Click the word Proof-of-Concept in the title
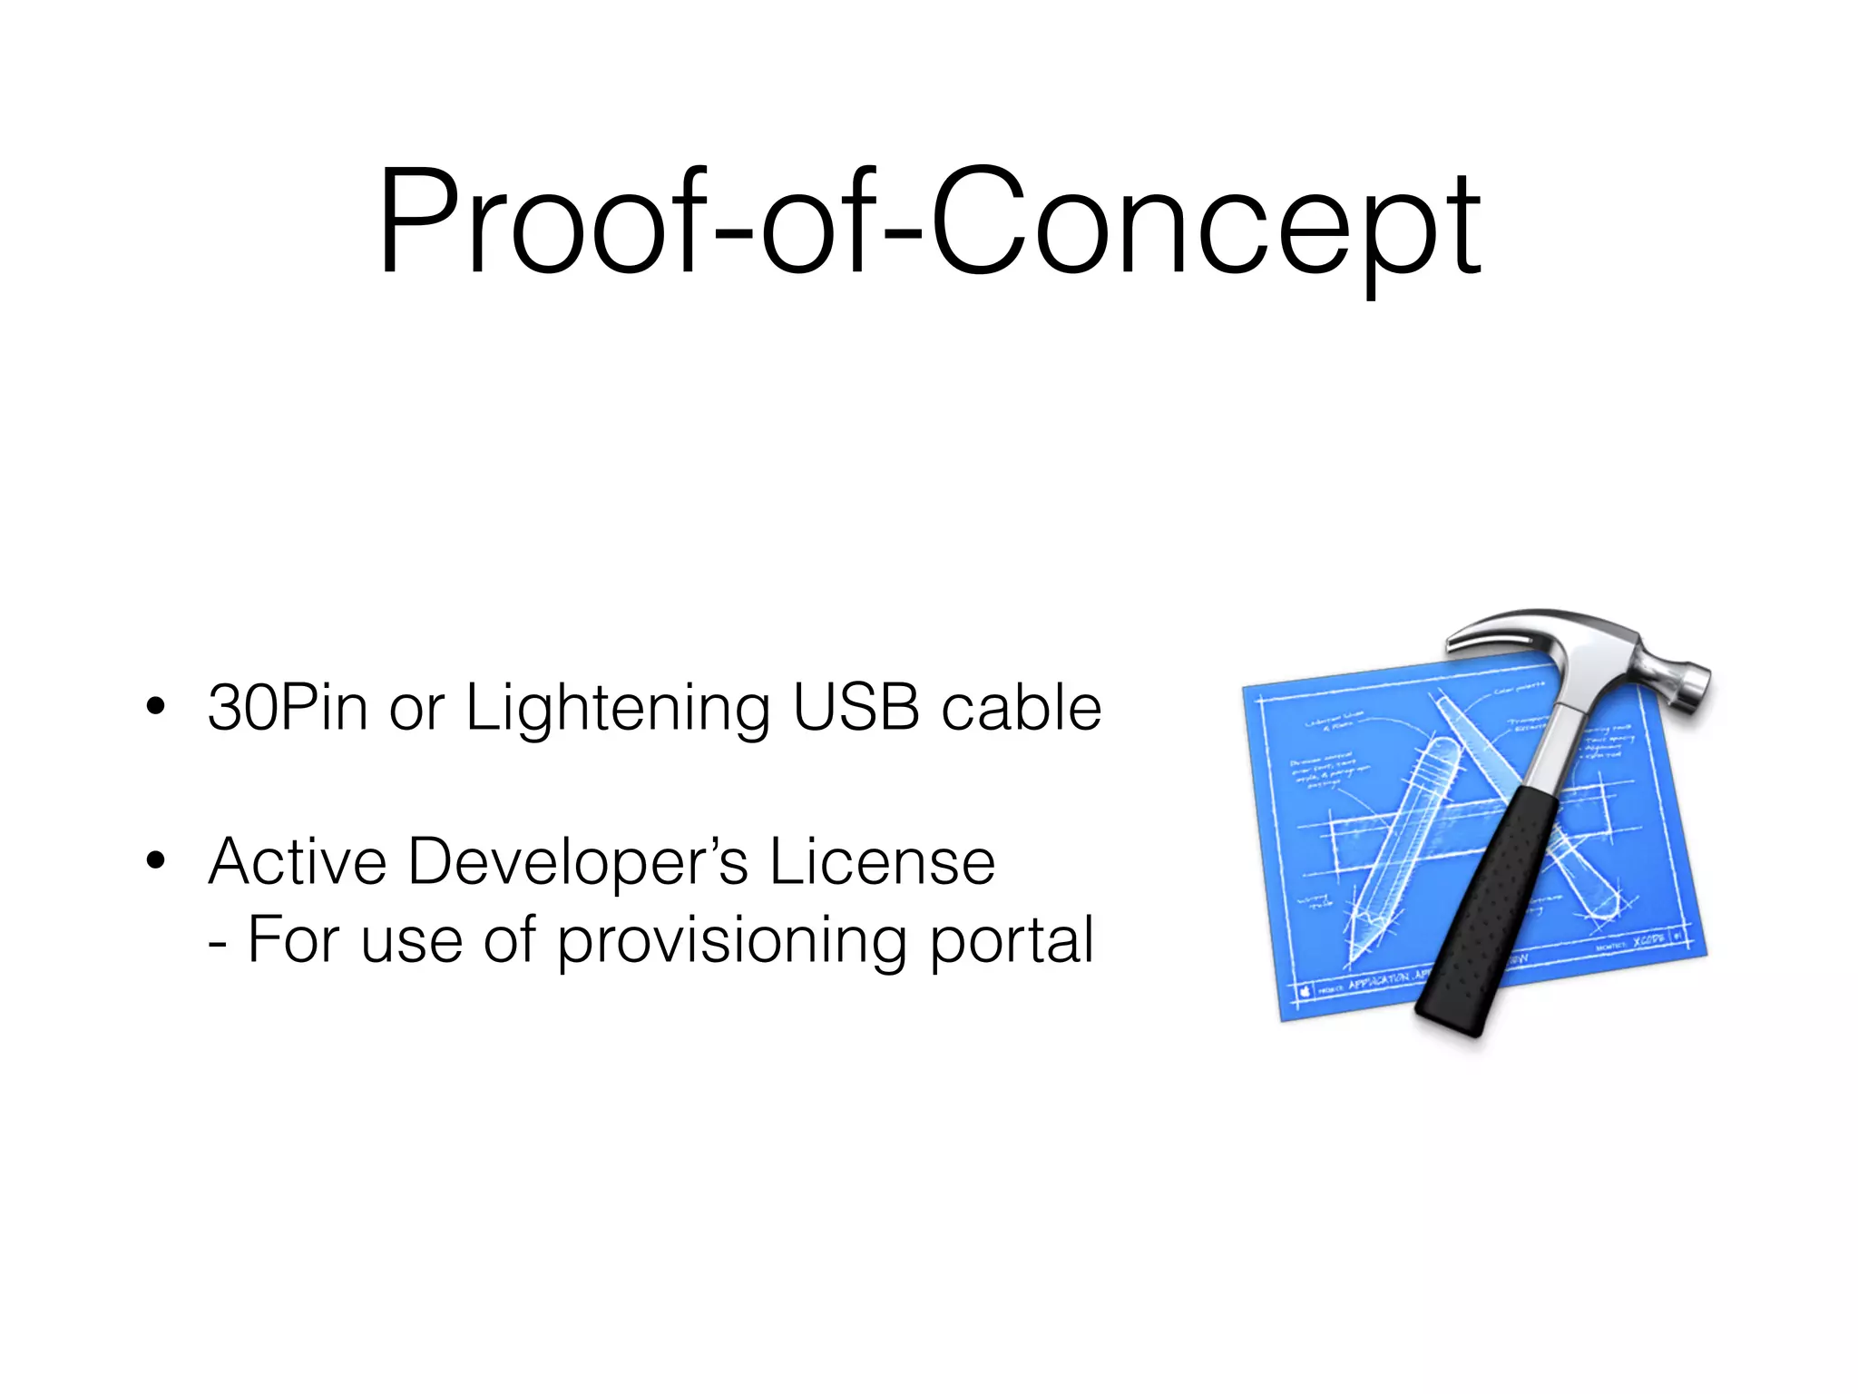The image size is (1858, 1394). [x=929, y=222]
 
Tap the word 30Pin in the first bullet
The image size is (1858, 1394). [x=287, y=708]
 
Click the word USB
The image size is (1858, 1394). [x=856, y=708]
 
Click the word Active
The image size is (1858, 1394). [x=298, y=861]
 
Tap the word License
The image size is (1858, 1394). [x=882, y=861]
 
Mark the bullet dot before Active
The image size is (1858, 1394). [x=156, y=861]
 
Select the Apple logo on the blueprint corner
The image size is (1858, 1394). [x=1305, y=991]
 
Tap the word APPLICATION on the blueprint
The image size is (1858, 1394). [x=1378, y=981]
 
